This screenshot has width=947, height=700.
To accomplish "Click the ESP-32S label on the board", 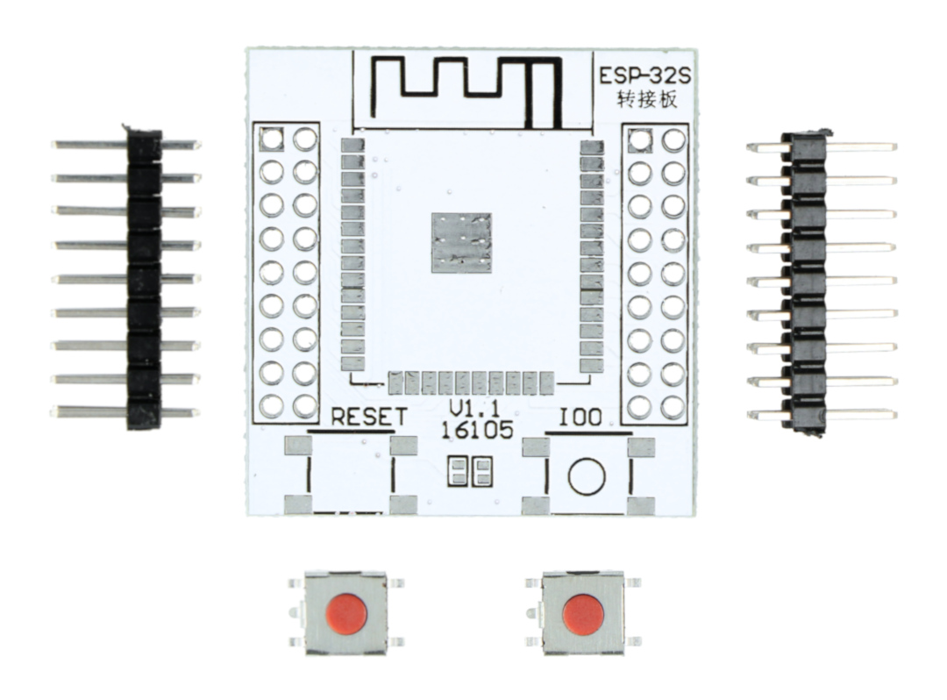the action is [645, 76].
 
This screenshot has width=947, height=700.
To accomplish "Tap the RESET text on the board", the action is [370, 417].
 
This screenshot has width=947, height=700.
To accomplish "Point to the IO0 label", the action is [580, 417].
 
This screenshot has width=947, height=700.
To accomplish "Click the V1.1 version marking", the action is [475, 408].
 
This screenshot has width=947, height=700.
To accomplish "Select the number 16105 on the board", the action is [477, 430].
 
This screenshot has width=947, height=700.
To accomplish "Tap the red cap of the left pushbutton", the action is [346, 613].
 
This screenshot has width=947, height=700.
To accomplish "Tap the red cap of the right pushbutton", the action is [583, 615].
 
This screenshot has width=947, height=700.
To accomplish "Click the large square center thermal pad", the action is [461, 242].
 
